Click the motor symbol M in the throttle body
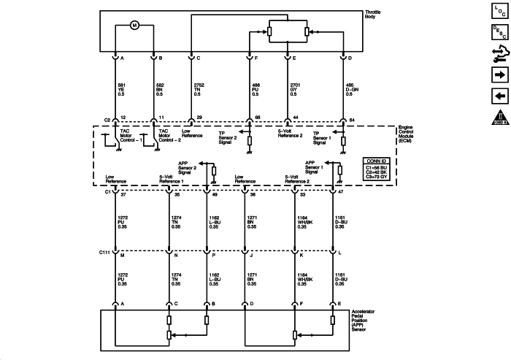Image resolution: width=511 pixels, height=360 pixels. (134, 26)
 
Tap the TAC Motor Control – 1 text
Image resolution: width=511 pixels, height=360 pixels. (129, 136)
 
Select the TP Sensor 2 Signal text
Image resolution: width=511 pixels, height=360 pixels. (228, 136)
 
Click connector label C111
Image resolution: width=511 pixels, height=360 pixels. (105, 253)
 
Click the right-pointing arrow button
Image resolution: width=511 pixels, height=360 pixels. (499, 74)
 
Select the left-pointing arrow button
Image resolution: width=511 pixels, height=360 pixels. (499, 95)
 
